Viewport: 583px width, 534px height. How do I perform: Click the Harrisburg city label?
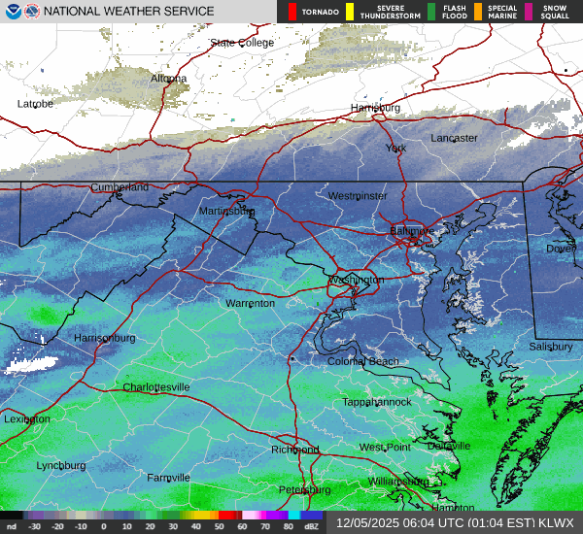[375, 107]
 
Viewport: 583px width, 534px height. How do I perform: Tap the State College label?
[242, 44]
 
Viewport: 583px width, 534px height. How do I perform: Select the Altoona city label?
[168, 79]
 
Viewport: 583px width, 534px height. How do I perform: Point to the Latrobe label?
[35, 104]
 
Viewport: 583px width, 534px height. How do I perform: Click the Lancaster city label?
[454, 138]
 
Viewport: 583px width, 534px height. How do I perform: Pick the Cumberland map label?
[120, 187]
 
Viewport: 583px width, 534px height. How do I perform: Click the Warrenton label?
[250, 304]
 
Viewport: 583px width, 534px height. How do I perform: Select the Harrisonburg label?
[104, 338]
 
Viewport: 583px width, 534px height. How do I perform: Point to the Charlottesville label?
[155, 387]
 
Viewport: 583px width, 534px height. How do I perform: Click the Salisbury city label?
[551, 347]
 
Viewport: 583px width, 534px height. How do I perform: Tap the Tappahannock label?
[377, 402]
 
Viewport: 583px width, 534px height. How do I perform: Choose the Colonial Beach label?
[361, 362]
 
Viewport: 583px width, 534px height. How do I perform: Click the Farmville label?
[168, 478]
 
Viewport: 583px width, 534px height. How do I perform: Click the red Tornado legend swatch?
[292, 12]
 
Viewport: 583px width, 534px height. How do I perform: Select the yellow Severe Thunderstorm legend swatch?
[349, 12]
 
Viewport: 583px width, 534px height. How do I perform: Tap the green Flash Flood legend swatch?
[431, 12]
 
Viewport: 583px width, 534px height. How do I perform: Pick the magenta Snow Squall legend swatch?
[529, 12]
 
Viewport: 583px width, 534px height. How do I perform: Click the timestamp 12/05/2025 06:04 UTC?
[401, 522]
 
